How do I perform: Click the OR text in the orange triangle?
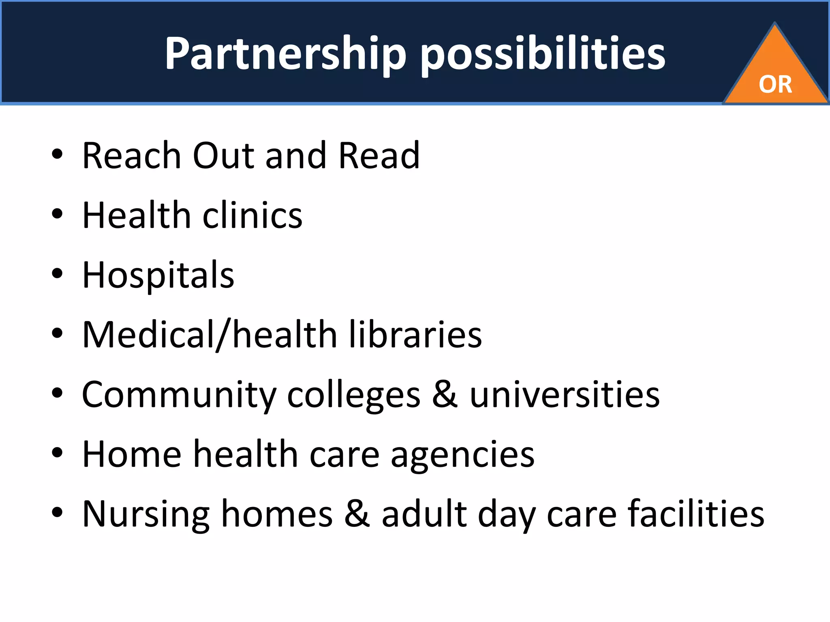[x=775, y=85]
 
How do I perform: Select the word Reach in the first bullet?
[x=132, y=155]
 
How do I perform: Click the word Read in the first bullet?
[x=379, y=155]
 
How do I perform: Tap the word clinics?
[x=252, y=215]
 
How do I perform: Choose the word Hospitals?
[x=158, y=275]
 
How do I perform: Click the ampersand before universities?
[x=445, y=395]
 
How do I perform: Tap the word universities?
[x=565, y=395]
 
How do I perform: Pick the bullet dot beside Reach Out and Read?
[x=57, y=154]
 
